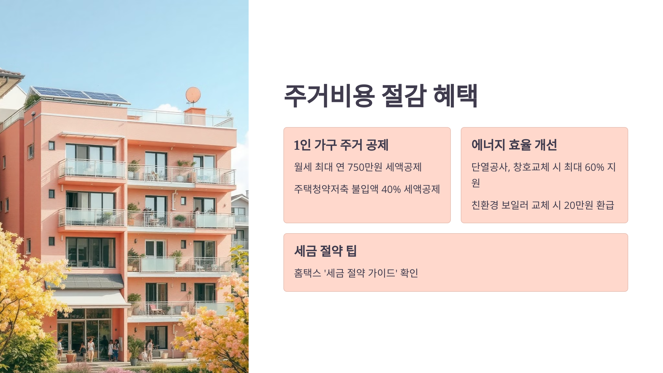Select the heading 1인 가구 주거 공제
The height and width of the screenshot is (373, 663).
pos(341,145)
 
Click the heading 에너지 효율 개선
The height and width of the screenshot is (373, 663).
pos(514,145)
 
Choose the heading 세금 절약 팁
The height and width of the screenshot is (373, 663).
pos(325,251)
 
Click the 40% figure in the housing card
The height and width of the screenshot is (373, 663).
pos(391,189)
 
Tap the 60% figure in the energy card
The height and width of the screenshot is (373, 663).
pos(594,167)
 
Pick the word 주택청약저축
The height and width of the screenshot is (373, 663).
pos(321,189)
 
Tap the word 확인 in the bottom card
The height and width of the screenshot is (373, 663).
pos(409,273)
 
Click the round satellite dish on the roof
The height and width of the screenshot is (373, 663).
pos(193,94)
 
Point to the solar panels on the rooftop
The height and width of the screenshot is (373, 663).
pos(80,94)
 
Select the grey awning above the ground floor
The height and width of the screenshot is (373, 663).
pos(86,281)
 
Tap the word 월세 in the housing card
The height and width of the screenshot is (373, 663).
pos(303,167)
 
